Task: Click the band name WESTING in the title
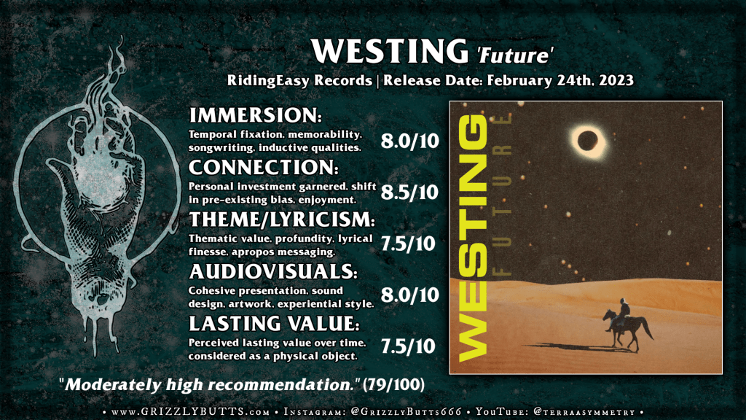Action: pyautogui.click(x=390, y=51)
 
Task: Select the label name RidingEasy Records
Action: pyautogui.click(x=299, y=80)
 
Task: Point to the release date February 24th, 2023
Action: pyautogui.click(x=560, y=80)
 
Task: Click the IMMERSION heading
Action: pyautogui.click(x=256, y=115)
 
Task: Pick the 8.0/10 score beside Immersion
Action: pyautogui.click(x=409, y=141)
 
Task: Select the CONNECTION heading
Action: pyautogui.click(x=264, y=167)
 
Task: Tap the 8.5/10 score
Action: pyautogui.click(x=409, y=192)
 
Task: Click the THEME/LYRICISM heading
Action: pyautogui.click(x=282, y=219)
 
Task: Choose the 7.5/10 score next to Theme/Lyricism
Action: pyautogui.click(x=408, y=244)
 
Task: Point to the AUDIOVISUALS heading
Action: pyautogui.click(x=273, y=271)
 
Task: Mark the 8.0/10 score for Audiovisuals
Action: pyautogui.click(x=409, y=295)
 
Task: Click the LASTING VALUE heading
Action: pyautogui.click(x=274, y=323)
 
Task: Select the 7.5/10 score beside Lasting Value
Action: pyautogui.click(x=408, y=346)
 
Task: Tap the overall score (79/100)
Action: pyautogui.click(x=393, y=385)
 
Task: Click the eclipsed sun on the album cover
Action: pyautogui.click(x=588, y=141)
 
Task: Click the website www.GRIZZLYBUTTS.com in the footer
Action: pyautogui.click(x=190, y=412)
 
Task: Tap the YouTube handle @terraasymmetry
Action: pyautogui.click(x=585, y=412)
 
